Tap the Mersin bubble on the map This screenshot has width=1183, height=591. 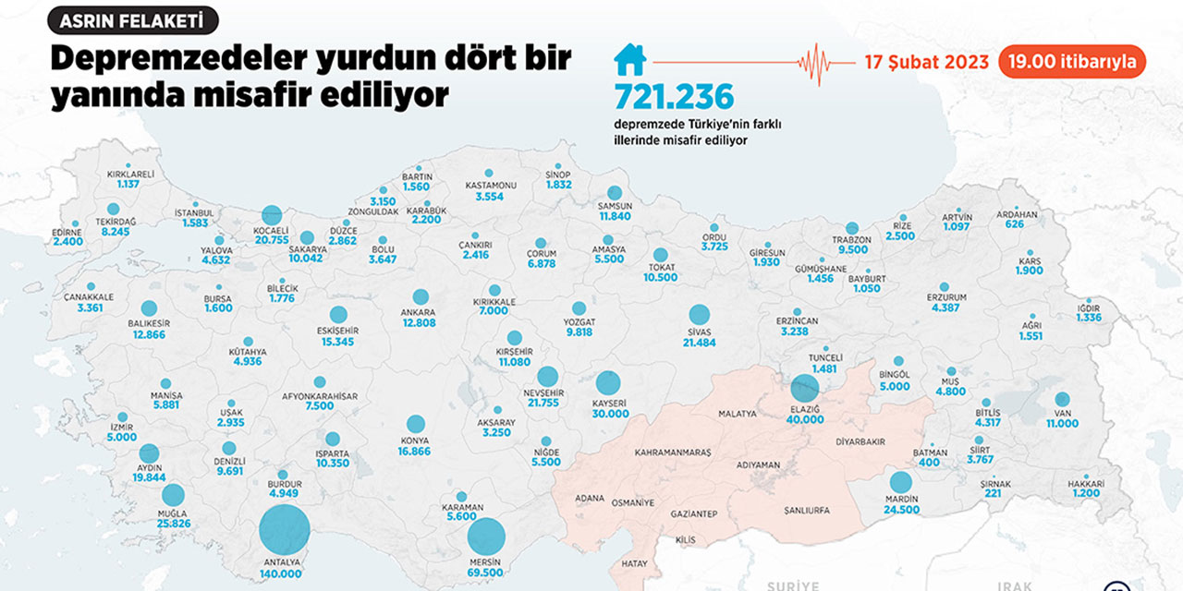(x=487, y=537)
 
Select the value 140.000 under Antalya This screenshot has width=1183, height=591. (x=280, y=573)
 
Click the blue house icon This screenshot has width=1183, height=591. (x=630, y=61)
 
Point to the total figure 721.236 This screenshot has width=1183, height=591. (x=674, y=97)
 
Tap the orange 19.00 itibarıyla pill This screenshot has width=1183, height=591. (x=1072, y=63)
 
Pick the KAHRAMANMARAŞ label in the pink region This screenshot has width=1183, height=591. (x=673, y=453)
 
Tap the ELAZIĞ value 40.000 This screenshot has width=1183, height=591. (x=804, y=419)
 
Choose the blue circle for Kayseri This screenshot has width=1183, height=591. (x=608, y=382)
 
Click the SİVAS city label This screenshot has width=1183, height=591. (x=699, y=330)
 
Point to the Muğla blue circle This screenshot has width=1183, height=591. (x=173, y=496)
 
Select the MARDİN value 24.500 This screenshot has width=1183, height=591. (x=901, y=510)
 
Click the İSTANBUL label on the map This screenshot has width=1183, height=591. (x=194, y=213)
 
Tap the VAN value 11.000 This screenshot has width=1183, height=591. (x=1062, y=423)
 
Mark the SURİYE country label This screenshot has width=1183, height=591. (x=793, y=585)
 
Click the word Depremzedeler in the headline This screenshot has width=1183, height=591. (x=176, y=59)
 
